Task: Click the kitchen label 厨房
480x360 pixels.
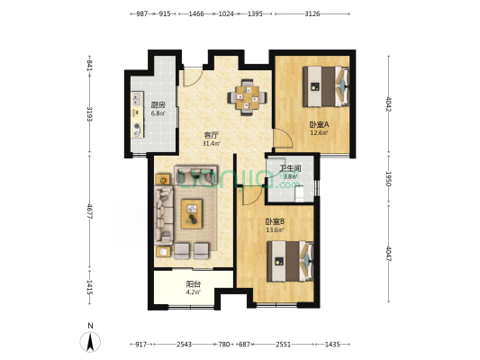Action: (x=158, y=105)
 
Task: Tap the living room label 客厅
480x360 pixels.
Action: (x=211, y=135)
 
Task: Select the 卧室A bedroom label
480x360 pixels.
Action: (x=319, y=124)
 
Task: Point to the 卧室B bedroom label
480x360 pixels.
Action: (x=276, y=221)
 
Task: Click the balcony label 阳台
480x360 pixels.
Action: (x=193, y=284)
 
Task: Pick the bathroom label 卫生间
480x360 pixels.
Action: (x=290, y=168)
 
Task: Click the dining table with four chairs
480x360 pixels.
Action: (x=247, y=97)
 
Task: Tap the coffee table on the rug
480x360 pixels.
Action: (x=192, y=214)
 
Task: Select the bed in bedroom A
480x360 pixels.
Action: (x=326, y=86)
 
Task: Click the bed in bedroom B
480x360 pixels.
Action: (x=290, y=261)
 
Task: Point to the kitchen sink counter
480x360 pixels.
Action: (x=137, y=114)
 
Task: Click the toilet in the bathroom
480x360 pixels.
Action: (x=300, y=193)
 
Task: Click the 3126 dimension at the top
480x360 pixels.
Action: (x=312, y=13)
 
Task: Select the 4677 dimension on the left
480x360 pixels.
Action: (x=89, y=211)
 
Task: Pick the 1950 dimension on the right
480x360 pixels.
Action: (x=388, y=178)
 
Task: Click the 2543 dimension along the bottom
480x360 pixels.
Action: (x=185, y=345)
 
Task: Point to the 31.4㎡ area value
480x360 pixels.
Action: (x=211, y=143)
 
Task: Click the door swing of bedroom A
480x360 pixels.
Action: (x=283, y=139)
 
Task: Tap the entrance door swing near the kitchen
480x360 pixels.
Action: (x=193, y=76)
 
